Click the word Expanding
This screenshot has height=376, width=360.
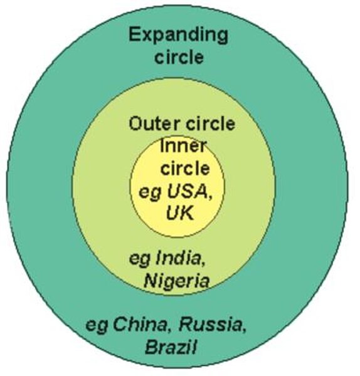(x=178, y=35)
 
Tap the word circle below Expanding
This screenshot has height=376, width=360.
(x=179, y=57)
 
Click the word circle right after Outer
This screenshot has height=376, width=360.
(x=210, y=123)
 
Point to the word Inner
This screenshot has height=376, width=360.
(x=184, y=146)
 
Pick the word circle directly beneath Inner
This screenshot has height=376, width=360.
(x=185, y=168)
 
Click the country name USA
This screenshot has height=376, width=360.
(x=187, y=192)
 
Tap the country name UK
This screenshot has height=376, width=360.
(x=180, y=213)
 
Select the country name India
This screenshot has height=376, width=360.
(x=178, y=258)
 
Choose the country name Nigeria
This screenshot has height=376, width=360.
(x=176, y=281)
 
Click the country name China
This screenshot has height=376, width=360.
(x=139, y=325)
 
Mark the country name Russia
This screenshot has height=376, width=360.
(x=210, y=325)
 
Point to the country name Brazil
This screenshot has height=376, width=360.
(x=171, y=347)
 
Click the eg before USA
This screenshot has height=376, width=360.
(x=149, y=194)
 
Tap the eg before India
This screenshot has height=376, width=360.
(x=140, y=260)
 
